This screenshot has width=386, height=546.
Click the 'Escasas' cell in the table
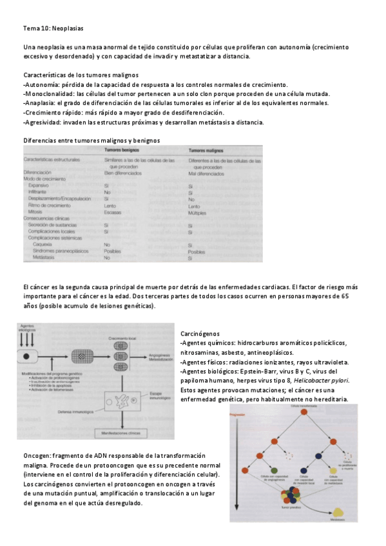(x=113, y=212)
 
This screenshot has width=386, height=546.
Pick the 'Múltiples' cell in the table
(x=197, y=212)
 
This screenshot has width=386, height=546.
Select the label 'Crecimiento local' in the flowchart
(x=123, y=338)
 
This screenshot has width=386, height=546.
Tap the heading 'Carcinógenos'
(x=201, y=334)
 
